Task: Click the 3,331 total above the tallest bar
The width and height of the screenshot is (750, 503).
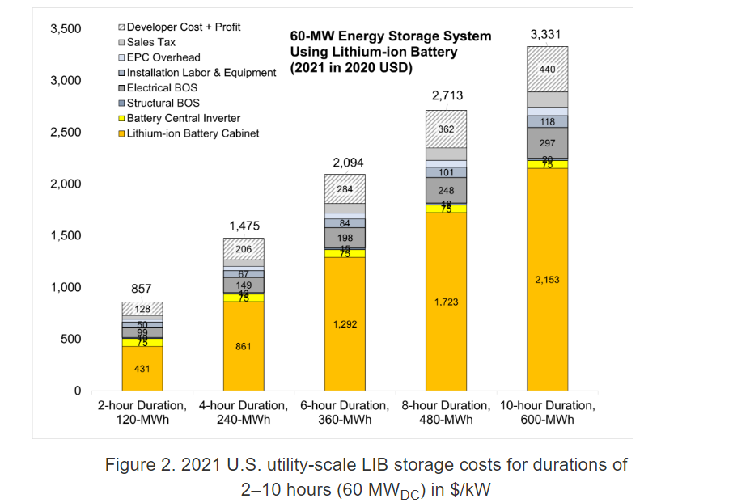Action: coord(546,35)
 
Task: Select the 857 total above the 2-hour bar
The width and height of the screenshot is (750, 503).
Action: coord(142,289)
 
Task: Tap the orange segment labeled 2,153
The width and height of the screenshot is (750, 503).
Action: coord(547,280)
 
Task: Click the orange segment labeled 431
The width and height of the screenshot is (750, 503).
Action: coord(142,369)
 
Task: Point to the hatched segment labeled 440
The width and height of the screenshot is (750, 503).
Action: coord(547,70)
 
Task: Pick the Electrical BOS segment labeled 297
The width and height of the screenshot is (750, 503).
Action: coord(547,142)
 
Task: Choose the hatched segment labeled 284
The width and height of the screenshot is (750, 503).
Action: coord(345,188)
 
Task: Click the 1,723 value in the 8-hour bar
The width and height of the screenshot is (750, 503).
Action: coord(446,302)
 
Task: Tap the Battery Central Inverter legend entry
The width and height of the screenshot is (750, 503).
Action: coord(183,118)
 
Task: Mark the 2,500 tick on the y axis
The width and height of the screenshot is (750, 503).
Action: coord(66,132)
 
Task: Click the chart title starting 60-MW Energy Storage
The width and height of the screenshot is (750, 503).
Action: coord(390,36)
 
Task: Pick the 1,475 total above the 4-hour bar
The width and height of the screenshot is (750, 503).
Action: coord(244,226)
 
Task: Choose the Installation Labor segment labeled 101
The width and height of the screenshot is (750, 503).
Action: coord(446,172)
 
